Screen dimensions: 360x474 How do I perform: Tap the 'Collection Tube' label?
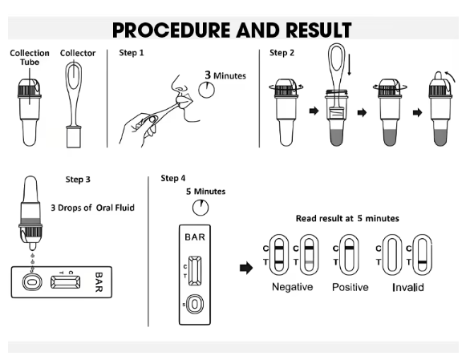[30, 57]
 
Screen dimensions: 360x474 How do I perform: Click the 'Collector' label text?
[79, 54]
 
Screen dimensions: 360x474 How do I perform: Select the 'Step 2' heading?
[282, 54]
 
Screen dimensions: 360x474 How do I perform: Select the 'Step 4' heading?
[172, 178]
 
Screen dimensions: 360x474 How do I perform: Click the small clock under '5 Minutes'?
[199, 208]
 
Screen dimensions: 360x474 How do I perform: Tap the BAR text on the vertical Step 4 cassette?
[196, 238]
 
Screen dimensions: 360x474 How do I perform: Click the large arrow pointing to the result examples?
[246, 267]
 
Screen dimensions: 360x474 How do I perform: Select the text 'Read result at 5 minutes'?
[348, 219]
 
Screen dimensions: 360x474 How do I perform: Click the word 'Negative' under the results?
[292, 287]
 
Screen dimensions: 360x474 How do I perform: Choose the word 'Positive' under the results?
[350, 287]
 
